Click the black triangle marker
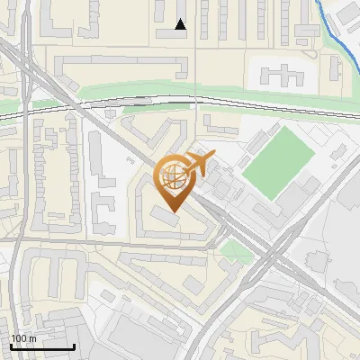(x=181, y=24)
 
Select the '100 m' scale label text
(x=23, y=338)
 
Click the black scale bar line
(x=42, y=347)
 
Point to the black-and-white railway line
(x=135, y=101)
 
